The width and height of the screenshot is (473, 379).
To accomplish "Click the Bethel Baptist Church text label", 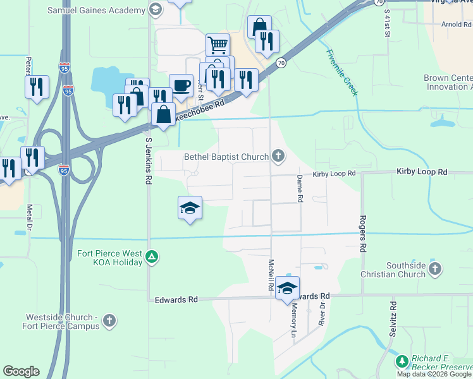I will pos(226,157).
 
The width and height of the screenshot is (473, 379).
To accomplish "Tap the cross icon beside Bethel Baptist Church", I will pos(278,156).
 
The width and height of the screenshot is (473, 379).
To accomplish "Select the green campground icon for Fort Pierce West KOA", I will pos(151,256).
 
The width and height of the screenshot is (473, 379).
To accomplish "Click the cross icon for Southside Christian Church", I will pos(434,270).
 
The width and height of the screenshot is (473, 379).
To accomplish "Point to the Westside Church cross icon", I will pos(109,321).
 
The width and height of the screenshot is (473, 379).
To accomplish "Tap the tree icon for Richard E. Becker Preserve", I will pos(402,361).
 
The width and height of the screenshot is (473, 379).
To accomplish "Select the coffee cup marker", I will pos(181,85).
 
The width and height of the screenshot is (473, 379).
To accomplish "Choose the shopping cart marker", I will pos(218,45).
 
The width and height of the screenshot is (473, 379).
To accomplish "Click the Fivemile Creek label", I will pos(343,72).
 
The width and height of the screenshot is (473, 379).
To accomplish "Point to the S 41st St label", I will pos(386,24).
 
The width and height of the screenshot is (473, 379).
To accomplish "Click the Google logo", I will pos(21,371).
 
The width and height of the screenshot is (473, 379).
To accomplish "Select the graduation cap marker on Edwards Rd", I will pos(288,288).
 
